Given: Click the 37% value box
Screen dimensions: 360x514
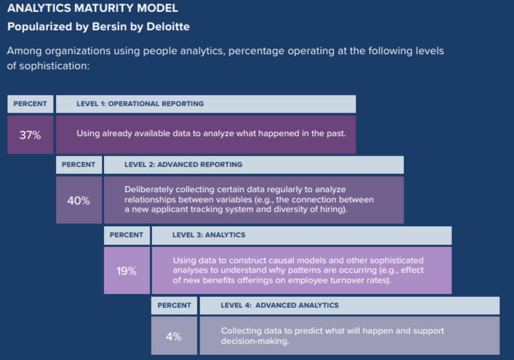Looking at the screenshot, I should [x=30, y=135].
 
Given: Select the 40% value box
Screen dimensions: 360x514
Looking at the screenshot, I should [x=78, y=201].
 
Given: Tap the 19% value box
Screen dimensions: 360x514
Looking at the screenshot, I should [x=126, y=271].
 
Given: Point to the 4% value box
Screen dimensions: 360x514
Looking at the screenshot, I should [x=173, y=336].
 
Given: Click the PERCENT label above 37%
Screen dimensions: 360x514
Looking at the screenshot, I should [x=30, y=104].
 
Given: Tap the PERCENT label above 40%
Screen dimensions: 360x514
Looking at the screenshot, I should [x=78, y=165].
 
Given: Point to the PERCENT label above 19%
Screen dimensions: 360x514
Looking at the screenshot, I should [x=126, y=235].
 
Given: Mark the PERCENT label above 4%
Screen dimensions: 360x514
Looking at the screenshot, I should [x=175, y=305].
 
